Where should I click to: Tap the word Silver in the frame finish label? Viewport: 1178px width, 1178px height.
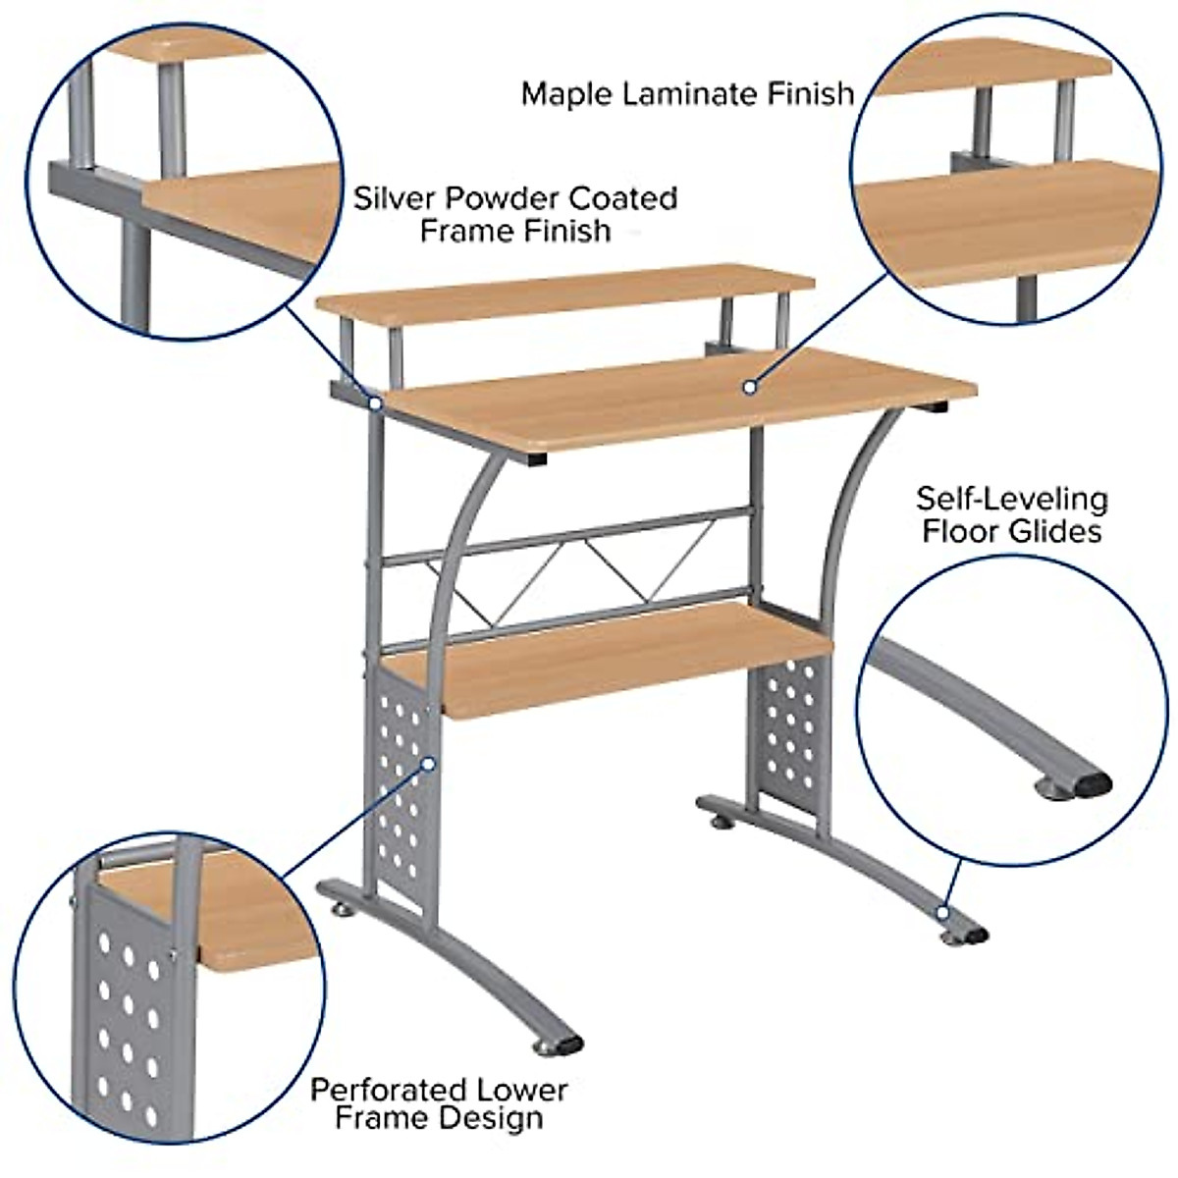point(396,198)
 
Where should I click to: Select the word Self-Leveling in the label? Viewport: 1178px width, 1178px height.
point(1012,499)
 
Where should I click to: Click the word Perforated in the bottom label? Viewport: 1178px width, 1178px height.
point(390,1090)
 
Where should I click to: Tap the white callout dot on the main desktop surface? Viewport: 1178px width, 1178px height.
point(749,388)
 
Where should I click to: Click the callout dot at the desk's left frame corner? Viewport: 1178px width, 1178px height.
point(374,402)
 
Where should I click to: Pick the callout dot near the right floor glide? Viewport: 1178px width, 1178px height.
point(942,912)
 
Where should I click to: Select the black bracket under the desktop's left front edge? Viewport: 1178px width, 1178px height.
point(536,458)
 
